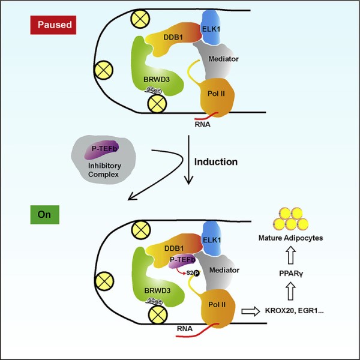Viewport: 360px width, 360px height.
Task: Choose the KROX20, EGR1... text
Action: pyautogui.click(x=301, y=311)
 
